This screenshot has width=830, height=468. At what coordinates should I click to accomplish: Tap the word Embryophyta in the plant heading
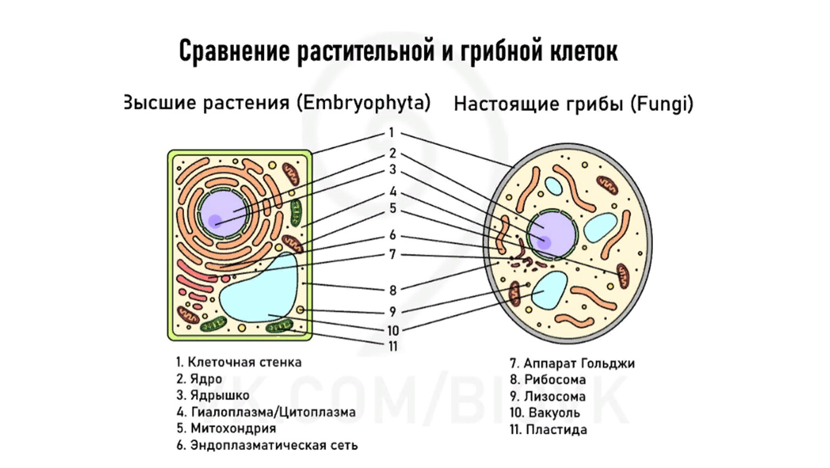click(364, 102)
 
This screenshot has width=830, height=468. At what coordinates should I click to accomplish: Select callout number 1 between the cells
click(391, 133)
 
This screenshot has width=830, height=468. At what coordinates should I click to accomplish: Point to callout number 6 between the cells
click(393, 235)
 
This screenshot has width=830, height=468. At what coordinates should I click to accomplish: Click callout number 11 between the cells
click(393, 346)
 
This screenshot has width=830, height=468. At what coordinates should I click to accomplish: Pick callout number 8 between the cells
click(393, 290)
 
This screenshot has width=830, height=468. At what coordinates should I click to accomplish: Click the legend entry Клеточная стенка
click(244, 362)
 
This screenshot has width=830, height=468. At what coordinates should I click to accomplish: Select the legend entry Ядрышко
click(219, 395)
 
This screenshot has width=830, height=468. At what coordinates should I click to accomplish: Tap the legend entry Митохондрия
click(233, 428)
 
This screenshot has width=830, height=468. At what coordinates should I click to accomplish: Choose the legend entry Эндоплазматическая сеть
click(274, 445)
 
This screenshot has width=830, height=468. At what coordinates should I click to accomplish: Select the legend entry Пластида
click(555, 430)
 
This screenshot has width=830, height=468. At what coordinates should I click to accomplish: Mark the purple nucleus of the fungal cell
click(552, 235)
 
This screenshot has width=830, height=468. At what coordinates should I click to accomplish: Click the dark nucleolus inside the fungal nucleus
click(543, 242)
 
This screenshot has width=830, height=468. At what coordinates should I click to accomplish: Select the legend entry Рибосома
click(554, 379)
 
